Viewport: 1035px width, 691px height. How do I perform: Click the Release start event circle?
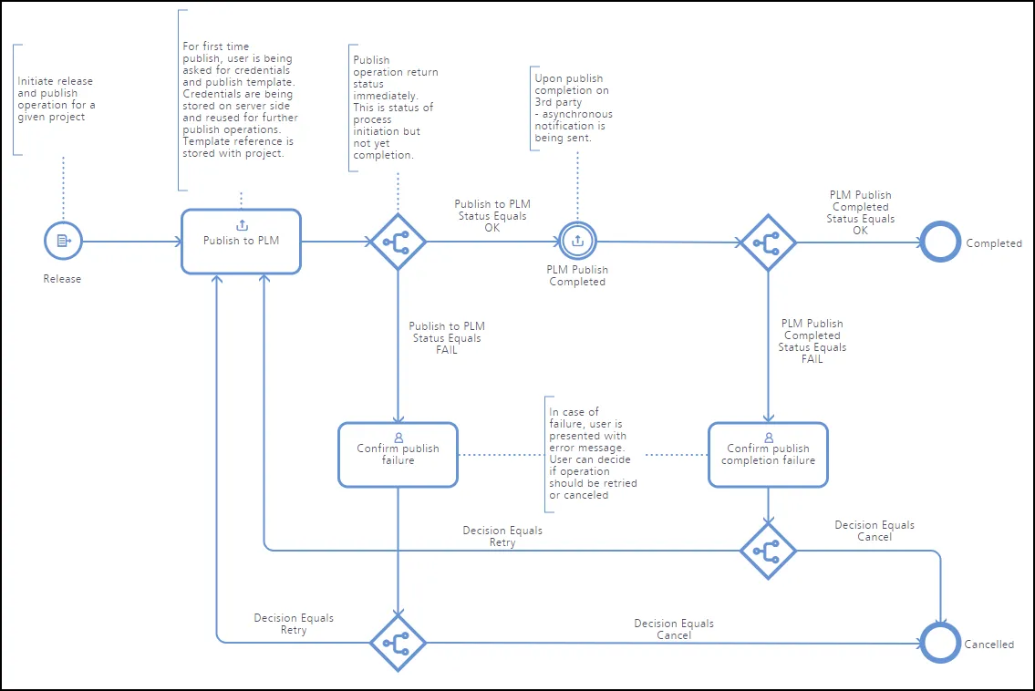tap(63, 241)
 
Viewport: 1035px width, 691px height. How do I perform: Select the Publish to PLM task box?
tap(241, 242)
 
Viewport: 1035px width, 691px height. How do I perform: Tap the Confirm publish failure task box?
tap(398, 455)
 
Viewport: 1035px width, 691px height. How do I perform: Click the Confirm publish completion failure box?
tap(769, 455)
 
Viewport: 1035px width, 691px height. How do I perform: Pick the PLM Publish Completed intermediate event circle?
tap(577, 241)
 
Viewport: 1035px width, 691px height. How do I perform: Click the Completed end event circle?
tap(940, 242)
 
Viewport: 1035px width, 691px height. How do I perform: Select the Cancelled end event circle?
tap(940, 643)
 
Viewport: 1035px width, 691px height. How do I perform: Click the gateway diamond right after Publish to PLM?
tap(398, 242)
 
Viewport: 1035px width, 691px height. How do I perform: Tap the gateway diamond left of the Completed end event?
tap(769, 242)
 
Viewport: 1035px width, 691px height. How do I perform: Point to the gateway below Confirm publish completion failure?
tap(769, 552)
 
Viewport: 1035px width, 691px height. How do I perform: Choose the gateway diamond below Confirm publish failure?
tap(398, 643)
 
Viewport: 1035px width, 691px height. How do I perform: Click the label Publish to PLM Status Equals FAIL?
tap(447, 338)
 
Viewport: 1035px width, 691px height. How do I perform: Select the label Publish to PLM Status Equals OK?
tap(492, 216)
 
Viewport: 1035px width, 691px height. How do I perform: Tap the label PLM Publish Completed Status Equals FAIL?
tap(812, 341)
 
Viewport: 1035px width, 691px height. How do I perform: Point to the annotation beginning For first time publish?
tap(240, 99)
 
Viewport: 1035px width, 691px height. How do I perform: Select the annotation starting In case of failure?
tap(593, 453)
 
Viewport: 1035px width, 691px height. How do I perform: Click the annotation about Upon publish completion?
tap(573, 108)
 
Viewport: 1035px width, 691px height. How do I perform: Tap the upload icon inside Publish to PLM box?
tap(243, 225)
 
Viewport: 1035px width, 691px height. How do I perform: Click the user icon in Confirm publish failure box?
tap(398, 438)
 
